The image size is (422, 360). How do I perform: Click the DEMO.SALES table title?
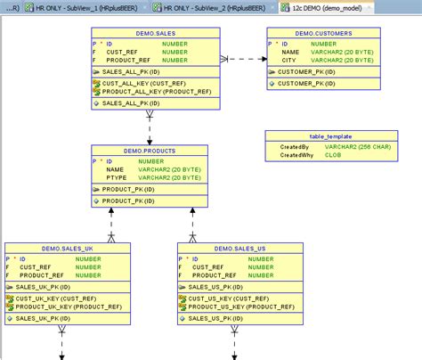coord(155,32)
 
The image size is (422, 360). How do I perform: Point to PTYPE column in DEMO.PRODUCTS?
coord(116,178)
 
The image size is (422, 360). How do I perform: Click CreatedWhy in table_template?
coord(298,154)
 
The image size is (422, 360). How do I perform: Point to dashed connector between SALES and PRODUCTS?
coord(150,129)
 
